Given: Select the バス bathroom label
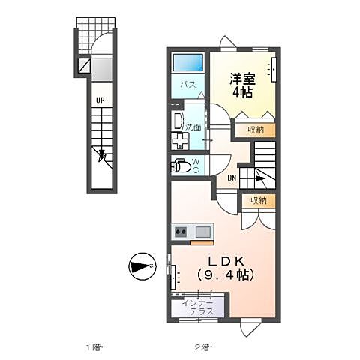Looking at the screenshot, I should pos(187,85).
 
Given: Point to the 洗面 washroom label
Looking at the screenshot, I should pos(193,127).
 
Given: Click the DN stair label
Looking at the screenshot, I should pos(232,178).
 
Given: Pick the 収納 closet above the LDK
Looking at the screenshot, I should pos(258,200).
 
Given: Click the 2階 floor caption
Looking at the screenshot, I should pos(203,346).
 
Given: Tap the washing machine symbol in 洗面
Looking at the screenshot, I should pos(181,141).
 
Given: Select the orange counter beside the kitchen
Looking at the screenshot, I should pos(201,242).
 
